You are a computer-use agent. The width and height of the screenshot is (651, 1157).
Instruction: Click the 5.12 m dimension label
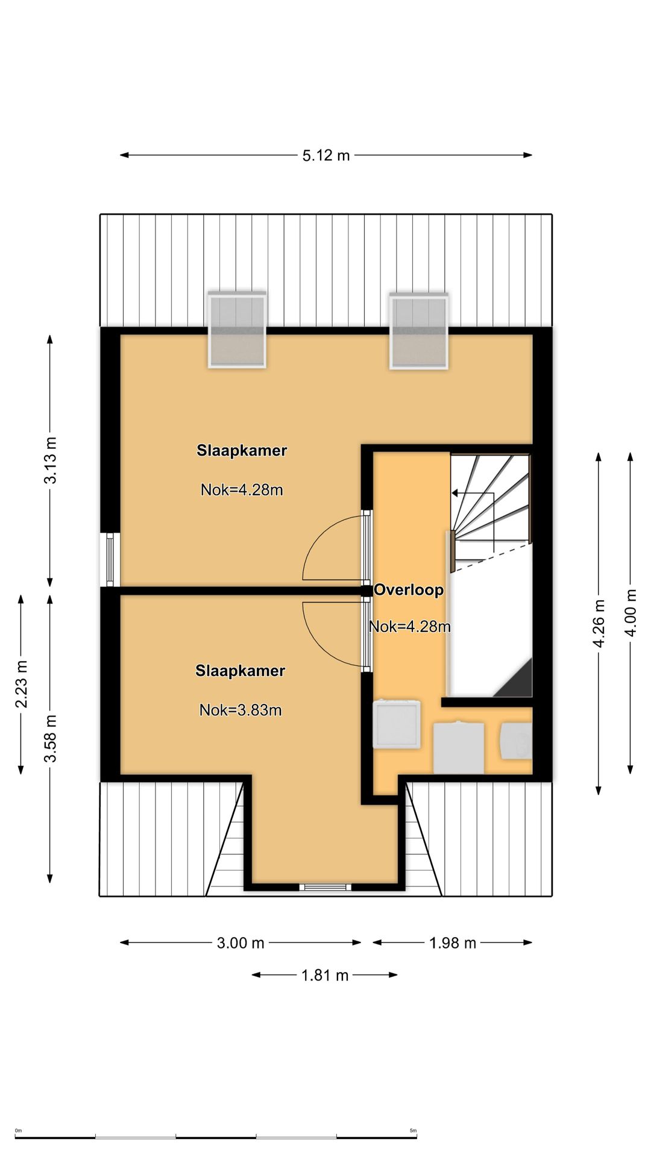click(325, 155)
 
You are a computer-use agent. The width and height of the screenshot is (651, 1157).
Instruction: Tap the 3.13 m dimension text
click(51, 460)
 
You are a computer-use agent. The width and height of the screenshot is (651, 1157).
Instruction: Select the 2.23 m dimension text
click(22, 684)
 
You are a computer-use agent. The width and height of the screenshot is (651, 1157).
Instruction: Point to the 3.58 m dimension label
click(51, 738)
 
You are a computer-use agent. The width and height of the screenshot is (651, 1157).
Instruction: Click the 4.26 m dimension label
click(599, 623)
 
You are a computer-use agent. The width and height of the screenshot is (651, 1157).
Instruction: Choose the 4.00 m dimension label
click(631, 612)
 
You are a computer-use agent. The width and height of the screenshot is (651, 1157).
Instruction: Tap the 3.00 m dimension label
click(241, 943)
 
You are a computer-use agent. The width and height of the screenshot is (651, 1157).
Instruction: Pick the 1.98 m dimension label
click(453, 943)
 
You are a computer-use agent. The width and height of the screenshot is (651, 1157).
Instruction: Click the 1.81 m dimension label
click(325, 975)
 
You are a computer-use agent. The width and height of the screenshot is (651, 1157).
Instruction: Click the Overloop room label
click(409, 590)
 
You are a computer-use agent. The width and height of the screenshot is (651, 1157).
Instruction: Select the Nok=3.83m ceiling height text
click(241, 710)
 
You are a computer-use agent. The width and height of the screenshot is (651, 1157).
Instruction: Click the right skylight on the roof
click(419, 331)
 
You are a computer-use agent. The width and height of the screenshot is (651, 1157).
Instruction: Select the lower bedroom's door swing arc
click(315, 645)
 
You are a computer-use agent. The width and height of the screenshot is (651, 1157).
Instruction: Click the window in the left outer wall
click(110, 560)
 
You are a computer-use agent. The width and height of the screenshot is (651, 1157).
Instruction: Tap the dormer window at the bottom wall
click(325, 886)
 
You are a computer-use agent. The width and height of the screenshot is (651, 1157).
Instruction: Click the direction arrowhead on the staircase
click(455, 493)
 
